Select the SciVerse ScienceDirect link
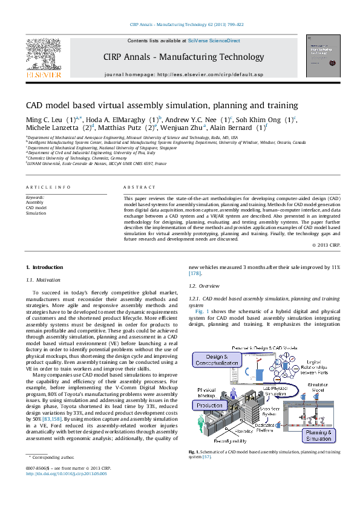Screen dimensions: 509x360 pyautogui.click(x=214, y=41)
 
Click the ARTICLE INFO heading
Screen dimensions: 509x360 pyautogui.click(x=48, y=187)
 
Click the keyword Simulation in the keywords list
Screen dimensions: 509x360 pyautogui.click(x=35, y=213)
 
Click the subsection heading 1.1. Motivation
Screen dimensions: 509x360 pyautogui.click(x=44, y=280)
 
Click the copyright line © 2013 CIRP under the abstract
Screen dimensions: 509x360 pyautogui.click(x=329, y=245)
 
